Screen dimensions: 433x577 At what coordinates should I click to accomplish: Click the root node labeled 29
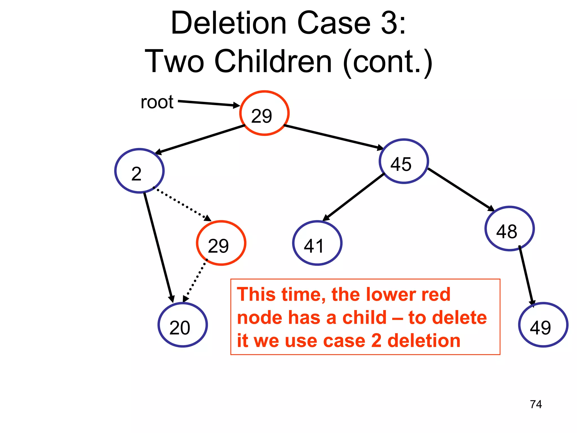(264, 113)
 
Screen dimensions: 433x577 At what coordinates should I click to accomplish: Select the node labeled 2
(139, 171)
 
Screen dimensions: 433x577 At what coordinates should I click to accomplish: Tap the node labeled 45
(404, 161)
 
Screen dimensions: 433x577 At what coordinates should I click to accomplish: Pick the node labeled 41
(317, 243)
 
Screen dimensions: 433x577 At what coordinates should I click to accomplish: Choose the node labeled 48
(509, 229)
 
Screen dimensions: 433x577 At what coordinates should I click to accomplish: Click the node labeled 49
(543, 325)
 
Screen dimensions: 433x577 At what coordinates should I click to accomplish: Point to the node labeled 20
(183, 325)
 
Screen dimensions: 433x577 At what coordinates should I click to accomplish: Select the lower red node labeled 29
(221, 243)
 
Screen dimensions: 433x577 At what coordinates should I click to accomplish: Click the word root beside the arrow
(157, 102)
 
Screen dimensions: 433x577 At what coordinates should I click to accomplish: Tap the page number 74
(536, 404)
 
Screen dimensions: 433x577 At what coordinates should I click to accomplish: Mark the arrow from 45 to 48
(460, 189)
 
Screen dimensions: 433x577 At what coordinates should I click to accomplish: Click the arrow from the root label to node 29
(208, 103)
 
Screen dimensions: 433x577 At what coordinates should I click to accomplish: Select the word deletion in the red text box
(424, 341)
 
